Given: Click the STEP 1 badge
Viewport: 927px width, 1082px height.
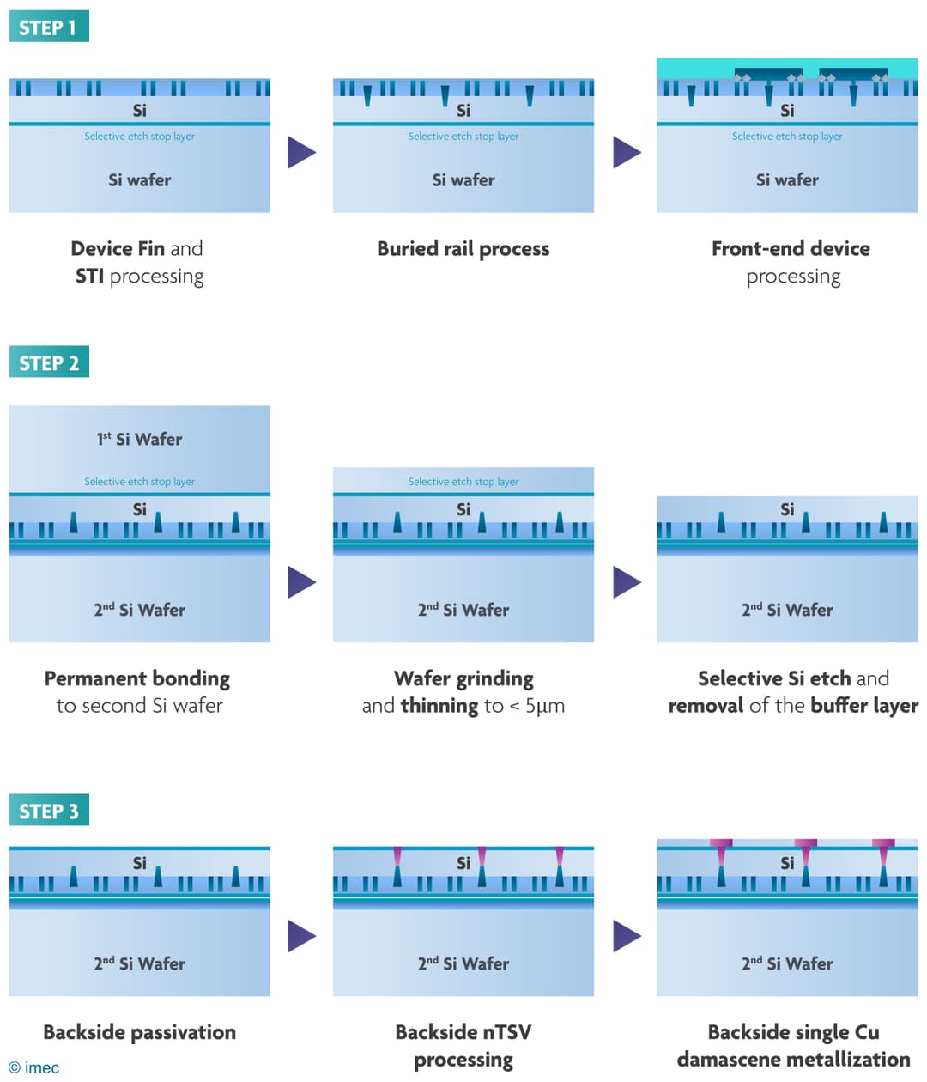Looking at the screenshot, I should (x=48, y=27).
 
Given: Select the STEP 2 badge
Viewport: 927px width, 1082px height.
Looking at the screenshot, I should (x=48, y=362).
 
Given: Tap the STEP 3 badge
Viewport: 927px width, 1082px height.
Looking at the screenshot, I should (x=48, y=811).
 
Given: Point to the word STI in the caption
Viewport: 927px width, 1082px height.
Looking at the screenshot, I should (x=89, y=276).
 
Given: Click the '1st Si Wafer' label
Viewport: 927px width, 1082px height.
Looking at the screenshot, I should (x=139, y=439).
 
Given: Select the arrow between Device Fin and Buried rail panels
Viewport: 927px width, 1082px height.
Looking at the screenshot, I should (x=301, y=152).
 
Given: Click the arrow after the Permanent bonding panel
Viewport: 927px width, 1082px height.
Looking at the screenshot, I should (x=301, y=581).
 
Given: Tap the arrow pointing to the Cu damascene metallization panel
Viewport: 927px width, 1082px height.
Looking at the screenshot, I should (x=627, y=935).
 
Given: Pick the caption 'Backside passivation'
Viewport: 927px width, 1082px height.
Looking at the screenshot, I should (x=139, y=1031).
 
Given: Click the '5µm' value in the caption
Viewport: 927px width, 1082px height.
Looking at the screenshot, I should (x=544, y=706).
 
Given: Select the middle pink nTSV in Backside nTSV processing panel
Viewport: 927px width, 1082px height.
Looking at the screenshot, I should (x=482, y=856).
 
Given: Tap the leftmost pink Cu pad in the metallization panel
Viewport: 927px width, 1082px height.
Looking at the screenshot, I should (x=721, y=844).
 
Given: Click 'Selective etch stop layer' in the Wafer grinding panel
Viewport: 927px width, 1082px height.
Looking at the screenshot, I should (x=463, y=482).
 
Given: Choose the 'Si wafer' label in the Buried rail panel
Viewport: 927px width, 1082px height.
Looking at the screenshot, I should (x=463, y=180).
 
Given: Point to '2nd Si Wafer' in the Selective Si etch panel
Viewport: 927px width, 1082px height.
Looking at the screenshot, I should (x=787, y=610).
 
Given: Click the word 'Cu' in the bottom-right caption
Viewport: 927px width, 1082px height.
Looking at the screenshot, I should (x=867, y=1031).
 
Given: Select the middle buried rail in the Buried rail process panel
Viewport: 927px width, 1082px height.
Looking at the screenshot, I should (x=445, y=94).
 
